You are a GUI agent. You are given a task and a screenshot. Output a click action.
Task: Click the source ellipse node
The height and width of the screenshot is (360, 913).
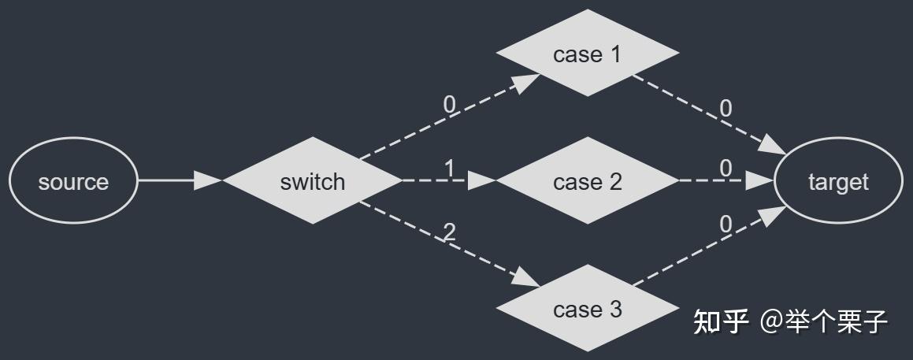tap(73, 181)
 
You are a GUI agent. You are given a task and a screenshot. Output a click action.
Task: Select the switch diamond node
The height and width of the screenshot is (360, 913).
tap(313, 181)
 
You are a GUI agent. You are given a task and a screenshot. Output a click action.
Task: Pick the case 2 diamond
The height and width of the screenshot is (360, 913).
tap(588, 181)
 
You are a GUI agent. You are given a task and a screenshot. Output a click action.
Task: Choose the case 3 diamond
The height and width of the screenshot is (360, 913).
tap(588, 309)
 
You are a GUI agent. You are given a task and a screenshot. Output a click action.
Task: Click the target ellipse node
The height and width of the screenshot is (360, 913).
tap(838, 181)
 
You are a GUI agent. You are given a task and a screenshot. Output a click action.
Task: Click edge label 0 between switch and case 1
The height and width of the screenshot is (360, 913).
tap(450, 104)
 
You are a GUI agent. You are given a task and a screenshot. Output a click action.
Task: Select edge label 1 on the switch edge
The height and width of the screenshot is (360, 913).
tap(450, 168)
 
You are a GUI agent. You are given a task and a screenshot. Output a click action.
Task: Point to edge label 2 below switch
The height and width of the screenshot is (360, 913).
tap(450, 232)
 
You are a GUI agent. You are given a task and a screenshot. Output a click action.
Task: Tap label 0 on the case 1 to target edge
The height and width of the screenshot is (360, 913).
tap(726, 108)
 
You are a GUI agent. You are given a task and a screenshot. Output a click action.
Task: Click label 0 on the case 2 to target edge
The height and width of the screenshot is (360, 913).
tap(726, 168)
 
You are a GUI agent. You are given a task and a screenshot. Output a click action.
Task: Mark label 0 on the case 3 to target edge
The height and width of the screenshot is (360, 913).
tap(726, 225)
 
